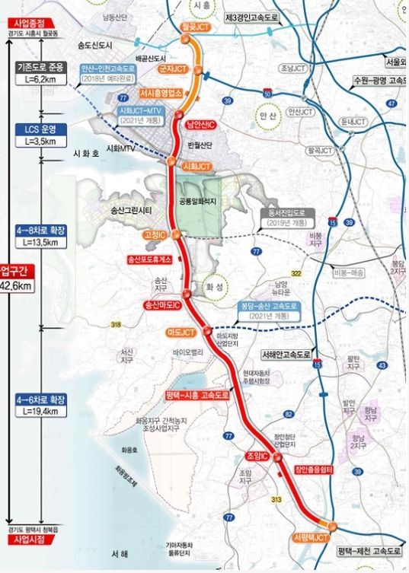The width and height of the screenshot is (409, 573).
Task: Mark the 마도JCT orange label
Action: (x=181, y=333)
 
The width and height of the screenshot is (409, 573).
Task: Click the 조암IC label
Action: (x=256, y=457)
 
